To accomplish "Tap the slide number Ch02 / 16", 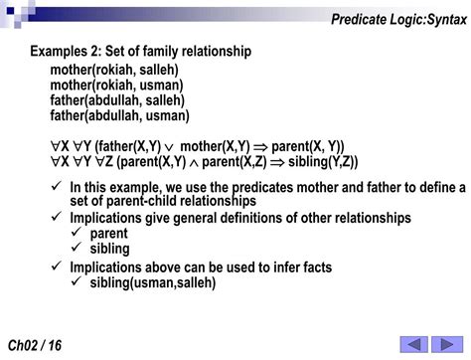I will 34,344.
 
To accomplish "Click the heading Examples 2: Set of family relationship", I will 139,50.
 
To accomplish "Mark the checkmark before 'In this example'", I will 57,186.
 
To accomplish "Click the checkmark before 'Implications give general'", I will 57,217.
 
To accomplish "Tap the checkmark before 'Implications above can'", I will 57,268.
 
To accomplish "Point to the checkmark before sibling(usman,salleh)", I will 76,282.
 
